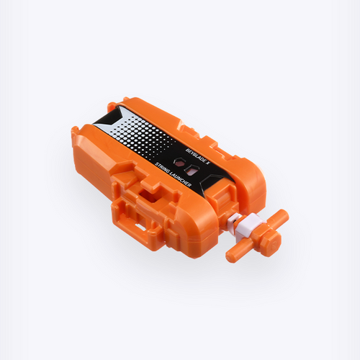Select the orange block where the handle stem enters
click(x=223, y=209)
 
